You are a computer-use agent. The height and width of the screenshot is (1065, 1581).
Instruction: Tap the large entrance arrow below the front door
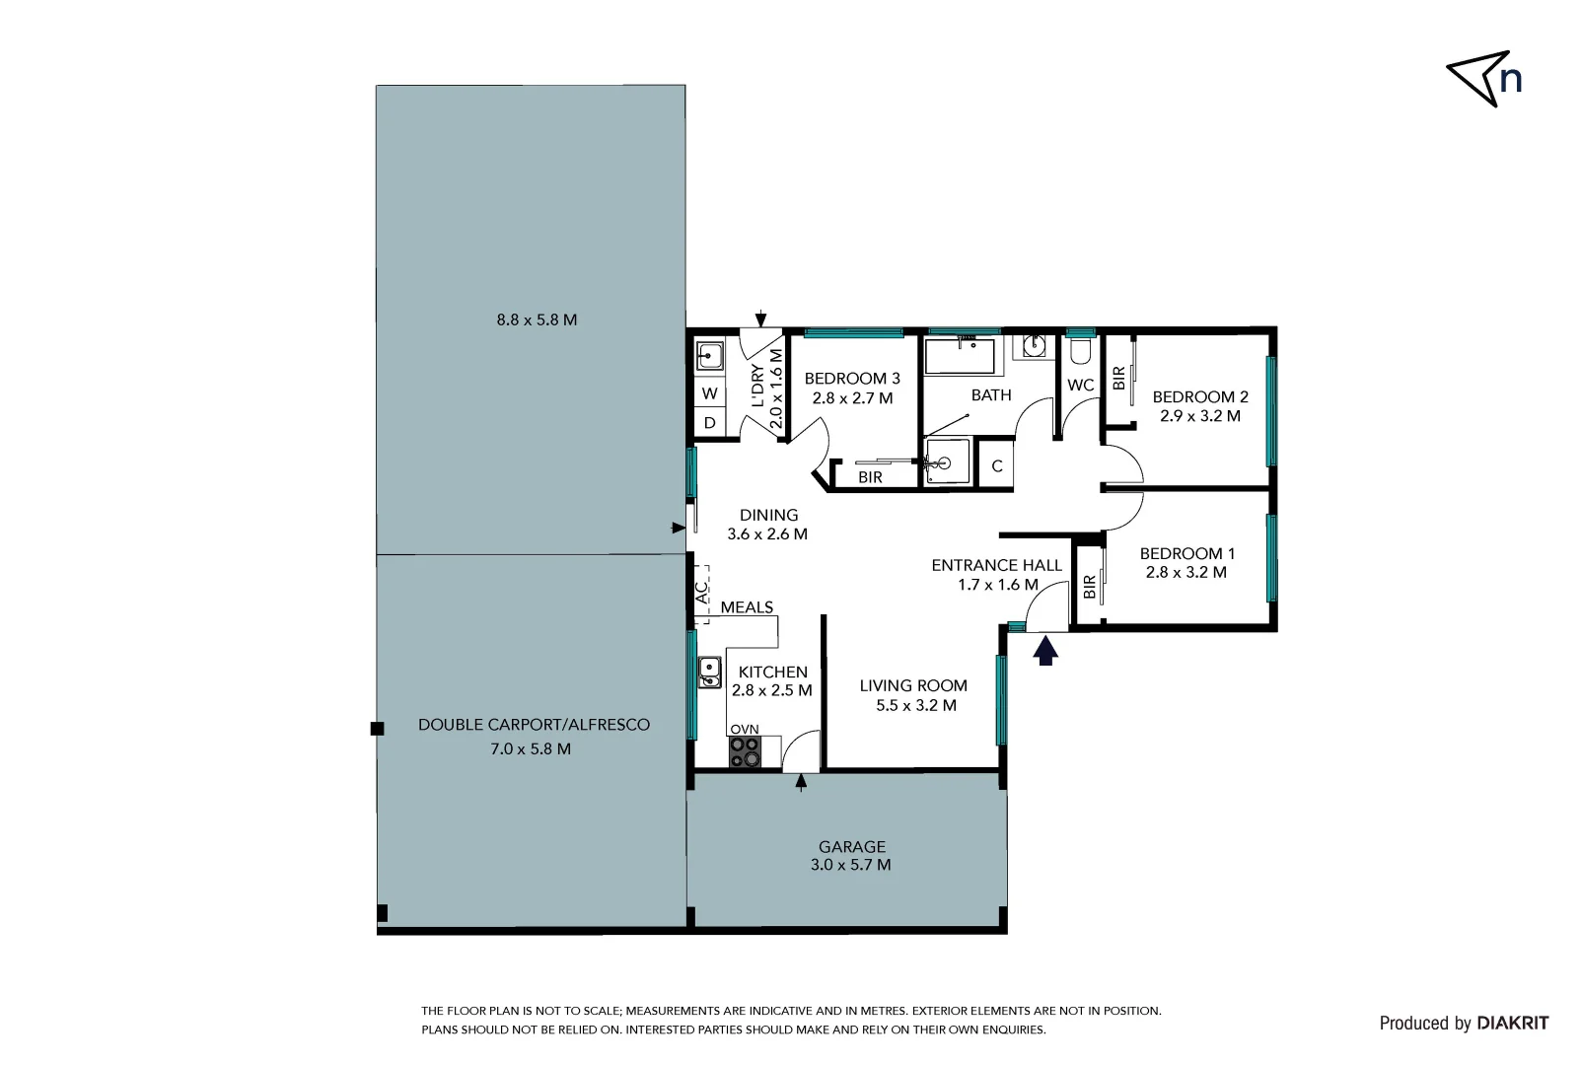(1045, 650)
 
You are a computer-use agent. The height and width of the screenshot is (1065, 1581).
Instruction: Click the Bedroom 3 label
(852, 379)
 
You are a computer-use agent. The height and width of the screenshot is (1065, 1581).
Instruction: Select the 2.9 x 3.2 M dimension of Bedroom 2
(1200, 416)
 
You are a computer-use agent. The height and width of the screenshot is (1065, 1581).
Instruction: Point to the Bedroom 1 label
(1186, 554)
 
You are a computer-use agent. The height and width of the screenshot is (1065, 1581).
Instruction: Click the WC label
(1081, 386)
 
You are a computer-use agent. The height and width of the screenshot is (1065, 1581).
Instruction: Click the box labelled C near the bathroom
(997, 466)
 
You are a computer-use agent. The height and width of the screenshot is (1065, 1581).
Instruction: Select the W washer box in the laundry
(709, 393)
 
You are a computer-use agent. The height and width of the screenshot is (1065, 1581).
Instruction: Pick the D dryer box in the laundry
(709, 424)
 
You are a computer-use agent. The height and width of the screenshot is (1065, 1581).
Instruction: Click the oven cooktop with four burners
(745, 752)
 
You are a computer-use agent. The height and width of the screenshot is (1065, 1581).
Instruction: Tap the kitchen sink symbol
(709, 673)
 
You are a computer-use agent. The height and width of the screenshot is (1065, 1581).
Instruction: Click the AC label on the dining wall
(701, 594)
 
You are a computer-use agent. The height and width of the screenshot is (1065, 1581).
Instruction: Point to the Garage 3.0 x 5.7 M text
(851, 856)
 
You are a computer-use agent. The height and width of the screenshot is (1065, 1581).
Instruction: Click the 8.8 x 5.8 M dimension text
(536, 320)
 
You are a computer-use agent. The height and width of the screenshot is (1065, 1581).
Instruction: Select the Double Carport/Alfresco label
(534, 725)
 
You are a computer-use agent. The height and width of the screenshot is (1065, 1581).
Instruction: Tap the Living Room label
(913, 686)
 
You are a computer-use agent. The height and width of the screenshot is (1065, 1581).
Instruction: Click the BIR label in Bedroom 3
(870, 477)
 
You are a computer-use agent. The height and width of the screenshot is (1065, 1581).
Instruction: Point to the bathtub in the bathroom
(960, 356)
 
